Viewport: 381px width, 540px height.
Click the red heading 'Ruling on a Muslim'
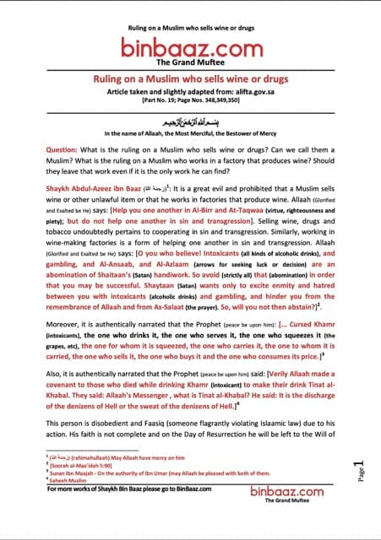(189, 77)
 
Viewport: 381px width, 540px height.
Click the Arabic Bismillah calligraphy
(190, 121)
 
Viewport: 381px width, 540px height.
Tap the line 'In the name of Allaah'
(190, 134)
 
